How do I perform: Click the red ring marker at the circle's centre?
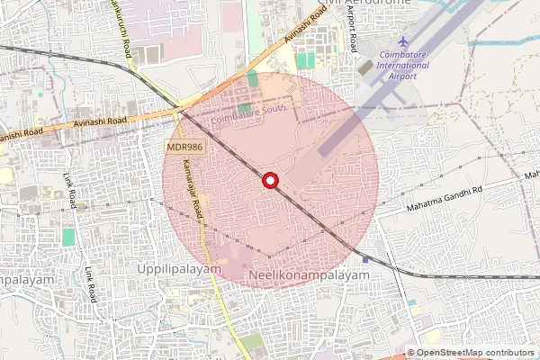click(x=269, y=180)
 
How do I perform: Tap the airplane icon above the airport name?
click(x=402, y=42)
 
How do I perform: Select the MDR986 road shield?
click(x=184, y=146)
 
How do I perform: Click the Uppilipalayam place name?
click(x=178, y=269)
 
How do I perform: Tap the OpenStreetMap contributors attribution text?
click(x=475, y=352)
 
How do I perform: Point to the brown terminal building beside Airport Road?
click(x=364, y=67)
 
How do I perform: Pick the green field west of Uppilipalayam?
click(x=68, y=238)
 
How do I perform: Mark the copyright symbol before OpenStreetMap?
click(x=411, y=352)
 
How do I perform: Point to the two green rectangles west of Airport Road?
click(x=306, y=59)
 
